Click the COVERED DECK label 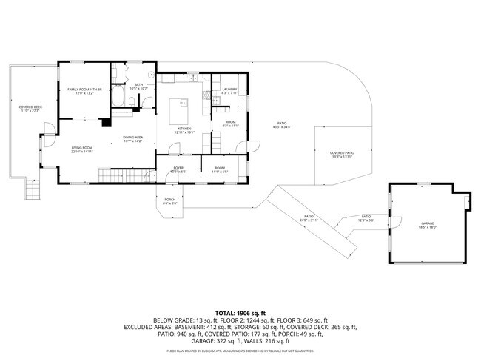30,108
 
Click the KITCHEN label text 184,129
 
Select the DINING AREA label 132,138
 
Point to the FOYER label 178,168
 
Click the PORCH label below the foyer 169,199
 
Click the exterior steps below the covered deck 33,192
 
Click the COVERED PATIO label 342,153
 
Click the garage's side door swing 397,222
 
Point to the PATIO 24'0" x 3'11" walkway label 308,220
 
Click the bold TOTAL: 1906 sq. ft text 240,313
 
